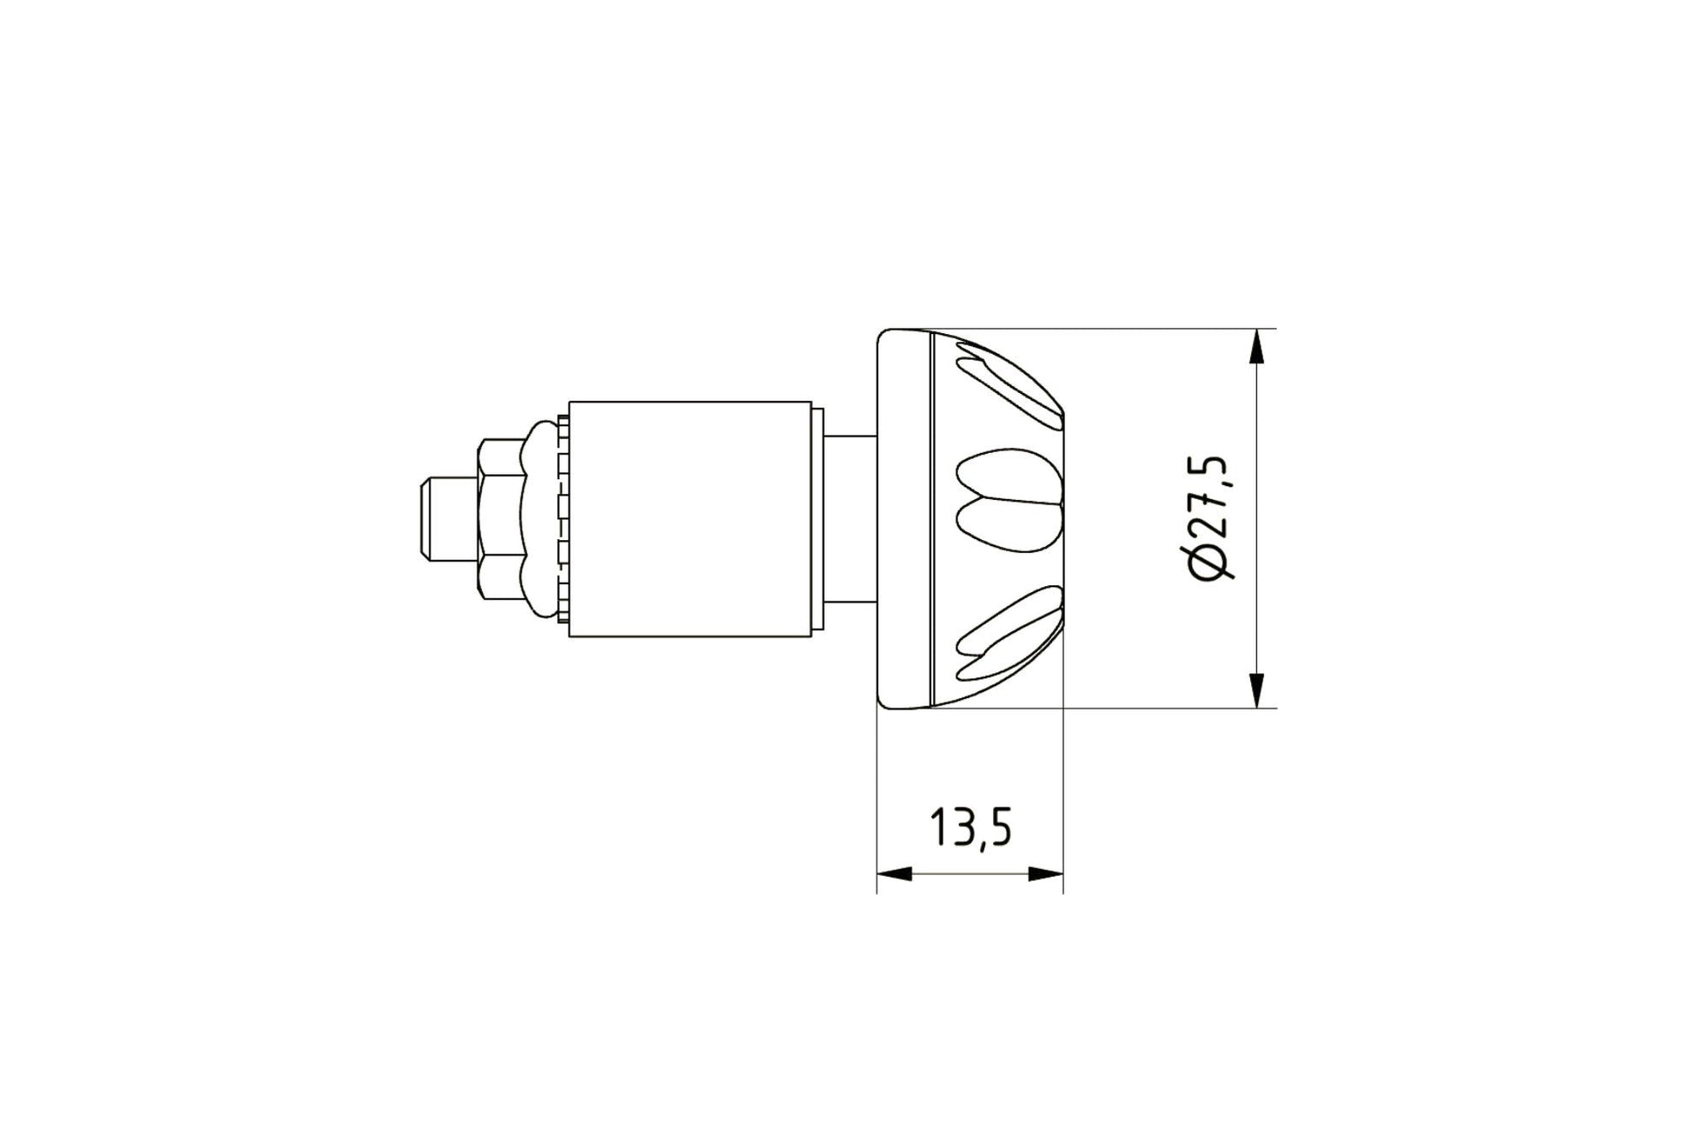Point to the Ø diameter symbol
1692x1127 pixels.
(1213, 563)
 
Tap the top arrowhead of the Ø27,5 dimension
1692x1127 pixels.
(1256, 348)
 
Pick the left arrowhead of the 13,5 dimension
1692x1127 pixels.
(895, 874)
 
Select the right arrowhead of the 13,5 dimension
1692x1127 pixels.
(1045, 874)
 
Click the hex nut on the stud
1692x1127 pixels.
(502, 518)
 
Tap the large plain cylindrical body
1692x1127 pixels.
(690, 519)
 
